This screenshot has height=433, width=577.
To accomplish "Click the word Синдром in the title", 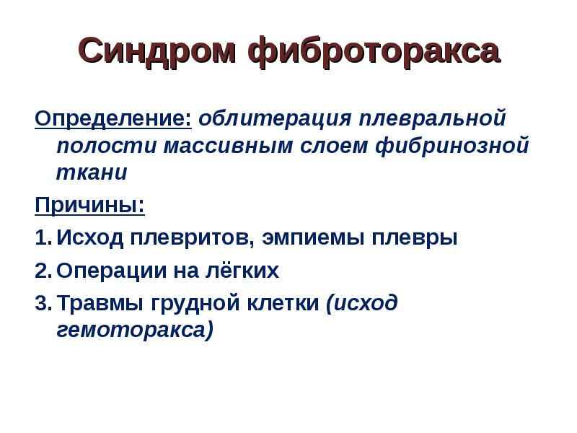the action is click(x=157, y=51).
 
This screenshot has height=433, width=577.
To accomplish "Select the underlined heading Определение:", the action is click(x=113, y=119).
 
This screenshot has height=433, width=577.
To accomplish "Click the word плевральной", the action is click(x=433, y=119).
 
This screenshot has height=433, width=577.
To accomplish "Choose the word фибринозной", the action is click(x=452, y=146).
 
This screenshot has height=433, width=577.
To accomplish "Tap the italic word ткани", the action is click(x=92, y=172).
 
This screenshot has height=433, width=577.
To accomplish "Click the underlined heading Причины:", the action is click(x=89, y=205).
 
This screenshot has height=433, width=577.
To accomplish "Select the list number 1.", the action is click(x=43, y=237).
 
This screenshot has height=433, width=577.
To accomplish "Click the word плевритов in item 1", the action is click(x=192, y=237).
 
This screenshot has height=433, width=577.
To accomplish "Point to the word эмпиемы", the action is click(x=313, y=238).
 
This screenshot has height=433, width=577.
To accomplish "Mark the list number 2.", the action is click(x=43, y=271).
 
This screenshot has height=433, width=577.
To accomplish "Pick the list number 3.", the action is click(x=43, y=303).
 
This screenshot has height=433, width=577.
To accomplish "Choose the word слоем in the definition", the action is click(x=334, y=146).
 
